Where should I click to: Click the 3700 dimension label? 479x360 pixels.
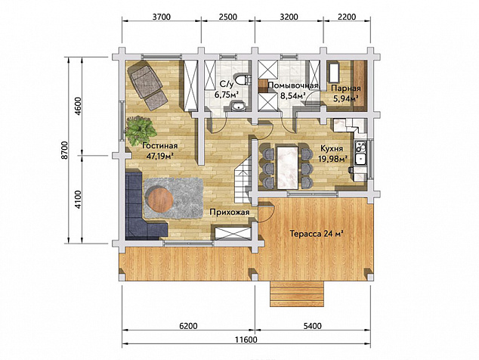click(161, 16)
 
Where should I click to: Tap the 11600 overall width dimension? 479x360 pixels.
click(246, 340)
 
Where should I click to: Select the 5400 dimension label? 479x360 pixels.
click(313, 326)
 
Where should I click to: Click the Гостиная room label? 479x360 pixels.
click(159, 146)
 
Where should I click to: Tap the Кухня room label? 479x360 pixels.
click(332, 148)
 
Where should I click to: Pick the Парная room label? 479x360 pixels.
click(346, 88)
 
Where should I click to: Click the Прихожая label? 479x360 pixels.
click(230, 213)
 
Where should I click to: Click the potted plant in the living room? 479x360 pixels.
click(140, 129)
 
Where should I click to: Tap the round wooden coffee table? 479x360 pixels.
click(159, 200)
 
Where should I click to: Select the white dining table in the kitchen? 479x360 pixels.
click(287, 167)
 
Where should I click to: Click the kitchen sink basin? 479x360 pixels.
click(360, 160)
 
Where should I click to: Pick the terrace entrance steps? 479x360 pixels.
click(297, 294)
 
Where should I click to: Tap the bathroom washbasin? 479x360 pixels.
click(236, 107)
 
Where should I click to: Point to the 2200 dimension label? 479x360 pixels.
click(348, 16)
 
